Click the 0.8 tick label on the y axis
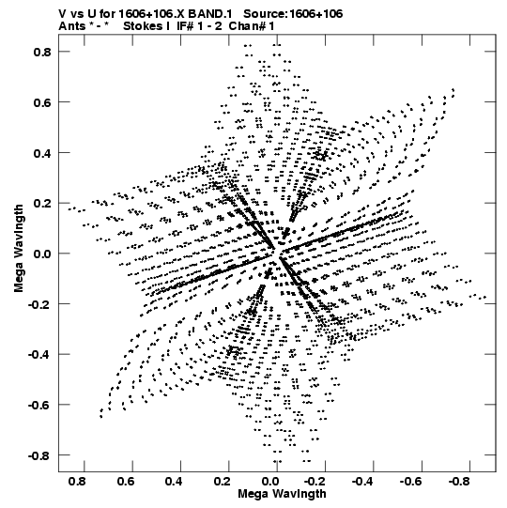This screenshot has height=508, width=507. (x=42, y=52)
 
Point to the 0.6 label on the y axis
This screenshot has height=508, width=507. (x=42, y=102)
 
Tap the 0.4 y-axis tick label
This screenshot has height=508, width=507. (x=42, y=153)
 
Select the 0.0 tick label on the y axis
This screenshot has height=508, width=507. (x=42, y=254)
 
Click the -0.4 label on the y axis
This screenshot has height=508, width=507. (x=39, y=354)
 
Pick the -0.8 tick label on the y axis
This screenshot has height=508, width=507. (x=39, y=455)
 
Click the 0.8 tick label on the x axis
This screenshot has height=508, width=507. (x=77, y=482)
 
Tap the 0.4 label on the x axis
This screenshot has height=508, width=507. (x=174, y=482)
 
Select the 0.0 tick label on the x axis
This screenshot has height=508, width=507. (x=270, y=482)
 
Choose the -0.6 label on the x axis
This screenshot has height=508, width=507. (x=412, y=482)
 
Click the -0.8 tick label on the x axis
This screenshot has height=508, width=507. (x=460, y=482)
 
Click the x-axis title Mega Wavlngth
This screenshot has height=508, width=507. (x=282, y=494)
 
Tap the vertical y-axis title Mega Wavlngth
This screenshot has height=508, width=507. (x=19, y=249)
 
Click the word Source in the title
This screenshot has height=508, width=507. (x=265, y=14)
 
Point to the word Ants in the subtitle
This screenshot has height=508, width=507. (x=72, y=26)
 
